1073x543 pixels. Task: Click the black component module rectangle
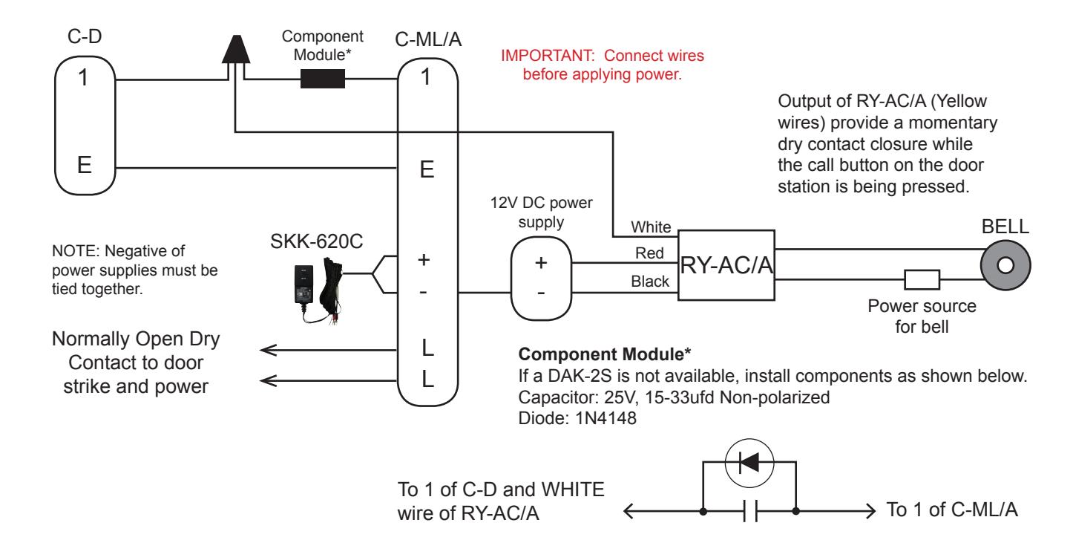322,79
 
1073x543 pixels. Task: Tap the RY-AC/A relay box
726,265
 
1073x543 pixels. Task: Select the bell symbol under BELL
1005,265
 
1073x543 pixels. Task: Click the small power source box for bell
922,279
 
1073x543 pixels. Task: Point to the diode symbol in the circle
749,463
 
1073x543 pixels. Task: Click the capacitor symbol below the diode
750,511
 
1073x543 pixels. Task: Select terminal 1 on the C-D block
83,78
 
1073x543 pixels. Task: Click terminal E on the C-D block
85,165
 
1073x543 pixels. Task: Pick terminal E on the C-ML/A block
427,170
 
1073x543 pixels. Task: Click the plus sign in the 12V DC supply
541,263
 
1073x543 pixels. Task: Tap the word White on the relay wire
651,227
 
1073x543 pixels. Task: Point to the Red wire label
649,253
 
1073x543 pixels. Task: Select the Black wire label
650,281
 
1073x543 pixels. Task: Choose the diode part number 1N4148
606,418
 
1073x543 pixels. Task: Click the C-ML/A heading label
428,39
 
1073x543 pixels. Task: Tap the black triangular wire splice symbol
236,50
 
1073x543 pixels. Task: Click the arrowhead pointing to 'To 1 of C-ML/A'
870,511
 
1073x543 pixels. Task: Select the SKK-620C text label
316,241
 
